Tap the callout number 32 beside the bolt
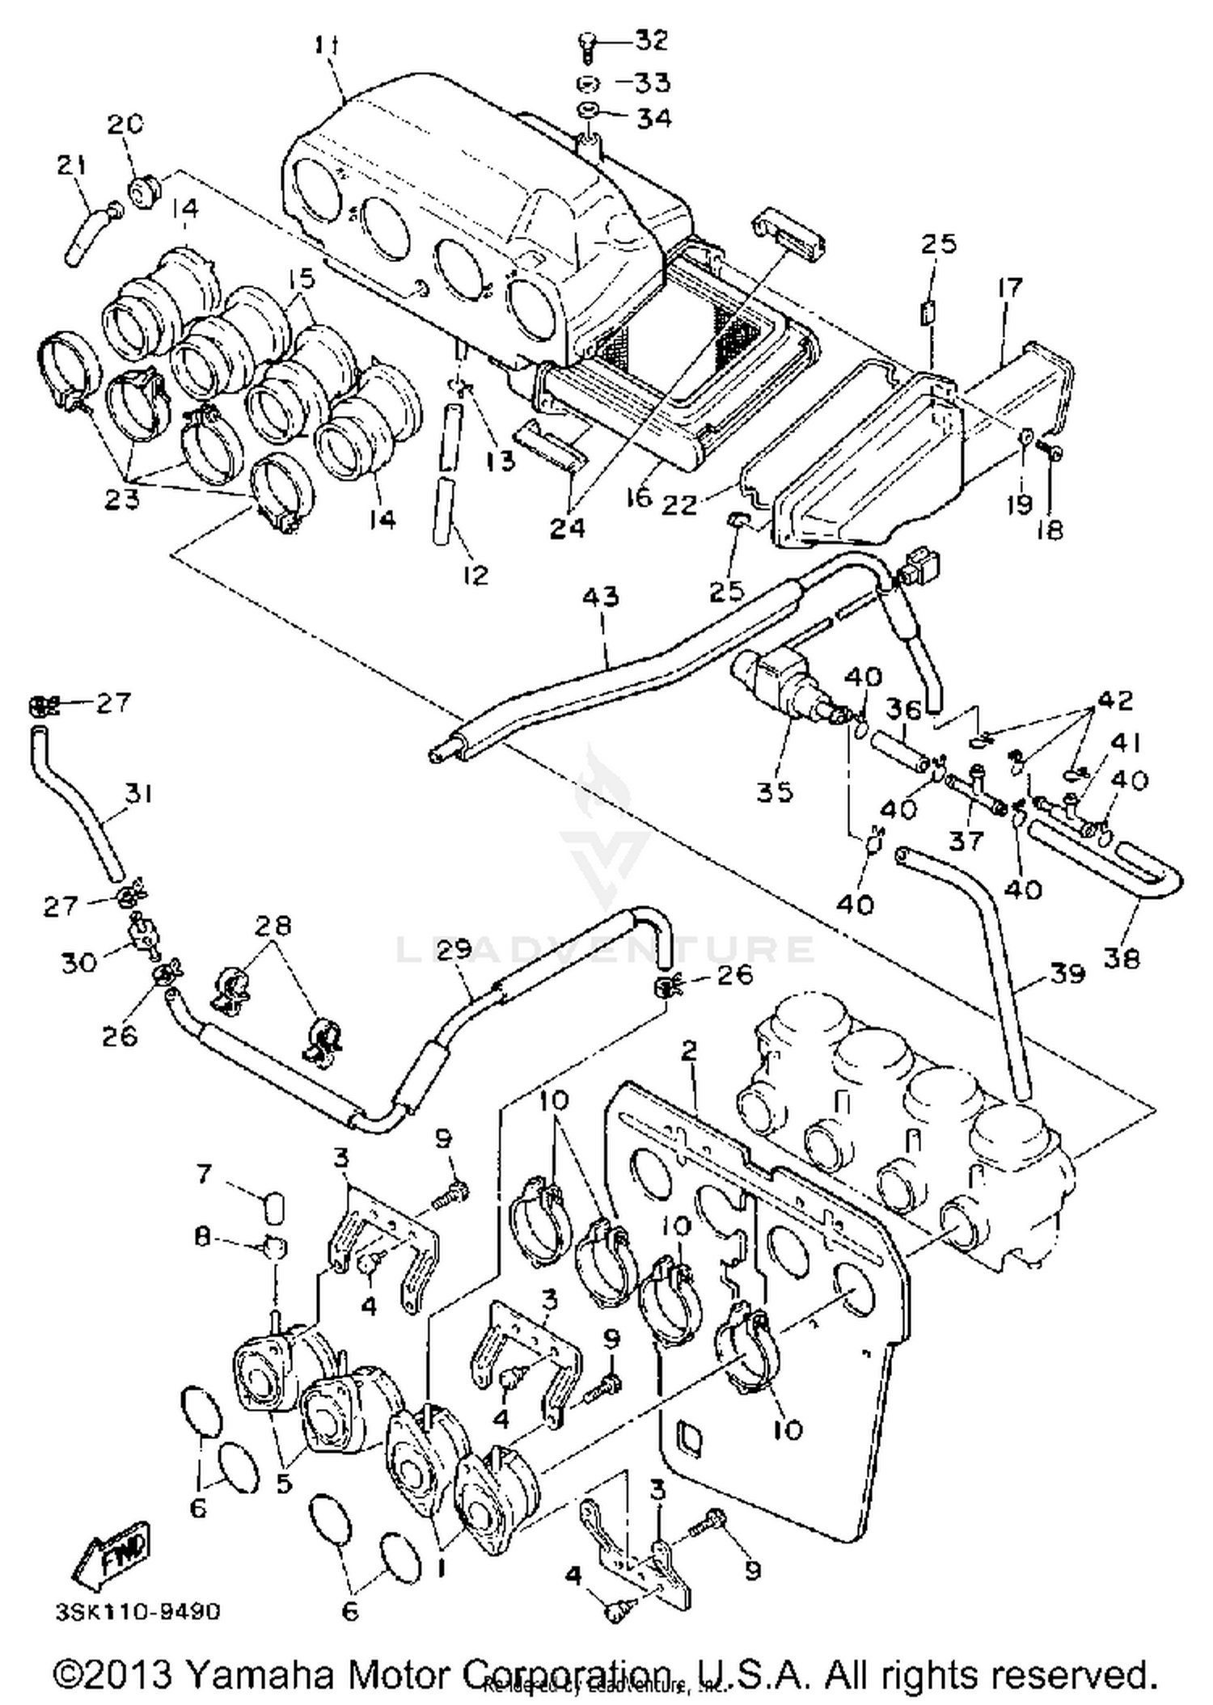pos(651,40)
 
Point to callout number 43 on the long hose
pos(600,597)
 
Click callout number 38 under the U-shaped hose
pos(1121,958)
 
